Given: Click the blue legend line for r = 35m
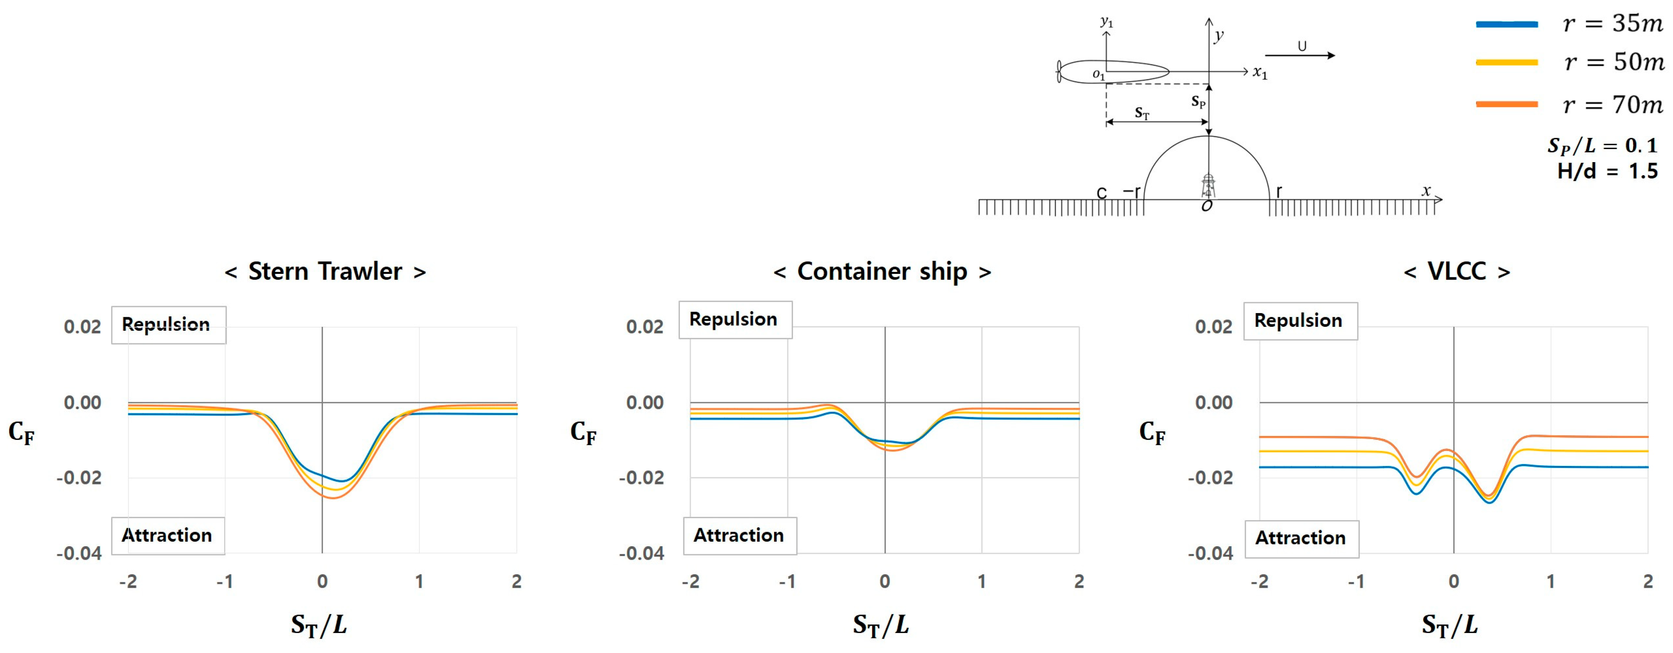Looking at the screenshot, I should coord(1507,25).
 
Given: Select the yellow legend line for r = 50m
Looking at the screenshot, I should coord(1507,62).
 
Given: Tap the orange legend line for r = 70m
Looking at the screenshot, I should coord(1507,104).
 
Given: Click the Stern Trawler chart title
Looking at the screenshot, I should coord(325,271).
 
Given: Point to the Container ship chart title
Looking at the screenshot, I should coord(882,271).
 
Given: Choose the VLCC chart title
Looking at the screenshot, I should coord(1456,271).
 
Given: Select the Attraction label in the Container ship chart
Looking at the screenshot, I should coord(739,535).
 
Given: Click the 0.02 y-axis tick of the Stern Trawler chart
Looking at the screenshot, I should coord(83,326).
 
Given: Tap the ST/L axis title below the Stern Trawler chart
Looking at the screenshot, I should coord(319,625).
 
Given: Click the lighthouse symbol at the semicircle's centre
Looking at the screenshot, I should coord(1208,185).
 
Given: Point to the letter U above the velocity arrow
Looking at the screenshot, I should coord(1301,46).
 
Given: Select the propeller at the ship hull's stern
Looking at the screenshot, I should coord(1060,71).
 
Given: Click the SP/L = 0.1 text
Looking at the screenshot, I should coord(1602,146).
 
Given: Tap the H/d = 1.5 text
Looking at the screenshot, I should coord(1607,171).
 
